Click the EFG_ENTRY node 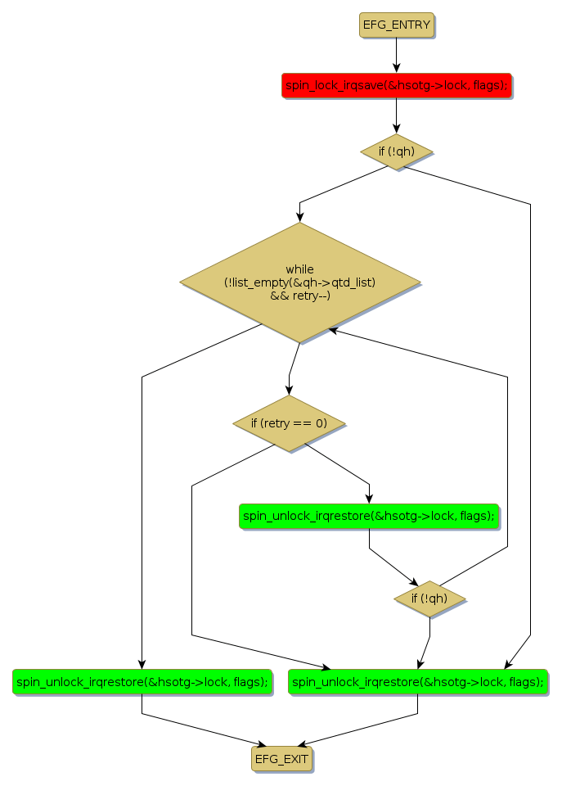pyautogui.click(x=396, y=25)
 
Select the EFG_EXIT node pyautogui.click(x=281, y=759)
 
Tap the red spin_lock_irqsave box pyautogui.click(x=396, y=84)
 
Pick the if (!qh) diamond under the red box pyautogui.click(x=396, y=151)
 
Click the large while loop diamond pyautogui.click(x=299, y=282)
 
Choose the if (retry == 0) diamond pyautogui.click(x=288, y=423)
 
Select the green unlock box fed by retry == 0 pyautogui.click(x=369, y=516)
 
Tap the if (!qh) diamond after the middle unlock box pyautogui.click(x=429, y=599)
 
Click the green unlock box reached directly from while pyautogui.click(x=142, y=681)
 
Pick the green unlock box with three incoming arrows pyautogui.click(x=417, y=681)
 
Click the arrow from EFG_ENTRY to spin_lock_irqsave pyautogui.click(x=396, y=54)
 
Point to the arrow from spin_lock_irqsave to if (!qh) pyautogui.click(x=396, y=115)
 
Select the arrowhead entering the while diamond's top pyautogui.click(x=299, y=217)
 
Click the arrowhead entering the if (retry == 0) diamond pyautogui.click(x=289, y=391)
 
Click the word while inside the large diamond pyautogui.click(x=299, y=269)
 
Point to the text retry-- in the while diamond pyautogui.click(x=311, y=296)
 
